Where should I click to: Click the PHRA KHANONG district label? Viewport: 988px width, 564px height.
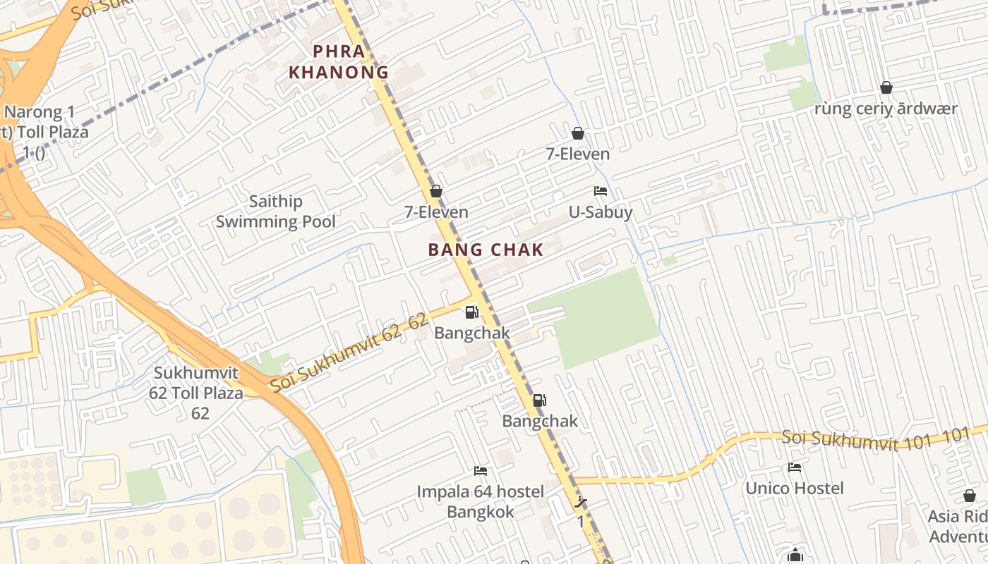[339, 61]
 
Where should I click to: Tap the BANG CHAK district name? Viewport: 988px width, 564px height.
[486, 250]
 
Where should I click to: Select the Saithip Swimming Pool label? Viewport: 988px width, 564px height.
[275, 211]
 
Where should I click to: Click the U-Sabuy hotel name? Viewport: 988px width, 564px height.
[601, 212]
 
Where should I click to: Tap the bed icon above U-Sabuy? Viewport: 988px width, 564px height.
[601, 191]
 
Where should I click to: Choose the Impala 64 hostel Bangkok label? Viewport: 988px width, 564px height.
[481, 501]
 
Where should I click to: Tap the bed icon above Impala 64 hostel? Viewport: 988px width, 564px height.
[481, 470]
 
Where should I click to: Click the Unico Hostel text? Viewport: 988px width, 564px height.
[795, 488]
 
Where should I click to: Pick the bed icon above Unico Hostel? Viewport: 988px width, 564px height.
[795, 467]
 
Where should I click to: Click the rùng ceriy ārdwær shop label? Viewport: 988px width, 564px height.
[886, 109]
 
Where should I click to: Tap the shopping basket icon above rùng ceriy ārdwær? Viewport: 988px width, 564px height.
[886, 87]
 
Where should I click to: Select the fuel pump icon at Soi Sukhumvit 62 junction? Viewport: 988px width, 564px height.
[471, 312]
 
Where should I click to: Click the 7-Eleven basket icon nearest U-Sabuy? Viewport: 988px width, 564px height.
[578, 133]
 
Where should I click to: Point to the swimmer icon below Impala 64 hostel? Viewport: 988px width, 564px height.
[581, 503]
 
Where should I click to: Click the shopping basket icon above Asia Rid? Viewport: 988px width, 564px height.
[969, 496]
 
